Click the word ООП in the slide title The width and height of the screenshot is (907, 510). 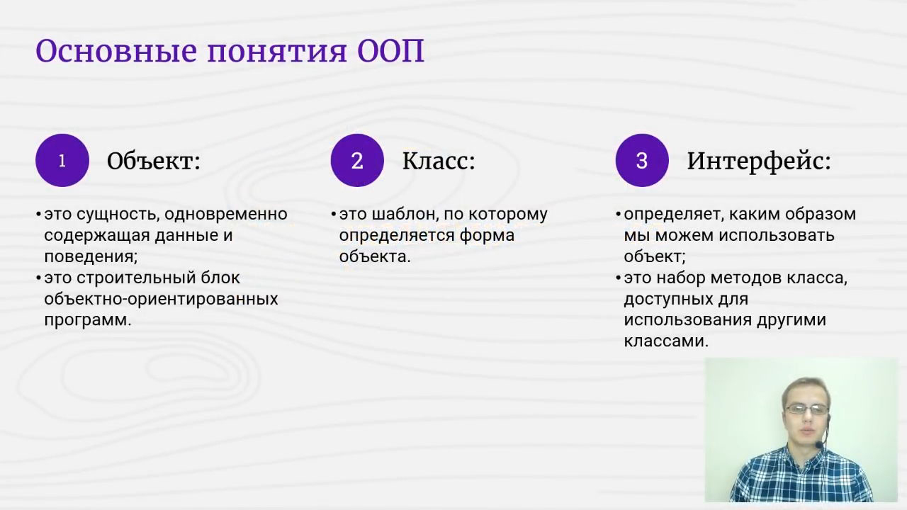[x=391, y=52]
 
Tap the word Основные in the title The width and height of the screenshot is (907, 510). [x=116, y=52]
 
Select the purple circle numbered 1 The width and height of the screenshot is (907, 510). [x=62, y=160]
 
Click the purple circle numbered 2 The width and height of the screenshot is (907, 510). [x=357, y=160]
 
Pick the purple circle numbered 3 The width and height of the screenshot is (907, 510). [x=642, y=160]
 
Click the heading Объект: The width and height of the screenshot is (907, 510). [x=154, y=161]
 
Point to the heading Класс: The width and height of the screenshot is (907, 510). [x=439, y=161]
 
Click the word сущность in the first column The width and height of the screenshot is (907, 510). [x=117, y=215]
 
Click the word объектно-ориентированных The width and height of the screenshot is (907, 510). [x=161, y=299]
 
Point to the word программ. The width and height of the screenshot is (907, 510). [x=88, y=321]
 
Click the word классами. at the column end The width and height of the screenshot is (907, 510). [x=667, y=341]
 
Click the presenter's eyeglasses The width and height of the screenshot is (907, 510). [x=806, y=409]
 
